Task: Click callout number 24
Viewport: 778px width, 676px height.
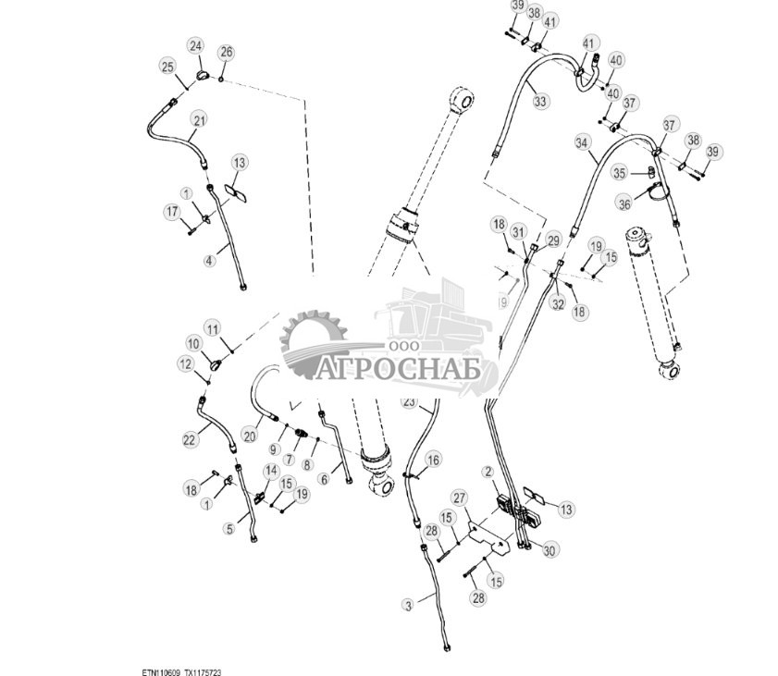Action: (x=195, y=45)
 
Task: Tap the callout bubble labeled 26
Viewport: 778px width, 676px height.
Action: (x=226, y=52)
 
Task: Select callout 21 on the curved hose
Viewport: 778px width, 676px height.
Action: (x=199, y=119)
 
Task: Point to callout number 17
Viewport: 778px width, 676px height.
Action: (x=172, y=213)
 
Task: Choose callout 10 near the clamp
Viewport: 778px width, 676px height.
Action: (x=193, y=344)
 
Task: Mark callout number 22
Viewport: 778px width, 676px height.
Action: (x=190, y=440)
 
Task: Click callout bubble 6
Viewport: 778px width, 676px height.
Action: (x=324, y=479)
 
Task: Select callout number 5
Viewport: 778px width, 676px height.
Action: (x=229, y=529)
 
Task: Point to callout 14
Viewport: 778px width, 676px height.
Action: (x=271, y=471)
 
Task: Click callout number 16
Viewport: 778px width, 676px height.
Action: (x=433, y=460)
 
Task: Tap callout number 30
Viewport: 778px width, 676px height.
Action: (x=550, y=550)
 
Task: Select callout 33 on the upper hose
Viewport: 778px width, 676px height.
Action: (x=540, y=101)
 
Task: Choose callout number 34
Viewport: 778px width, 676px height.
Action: (x=581, y=143)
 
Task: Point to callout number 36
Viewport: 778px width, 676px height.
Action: (x=624, y=204)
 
